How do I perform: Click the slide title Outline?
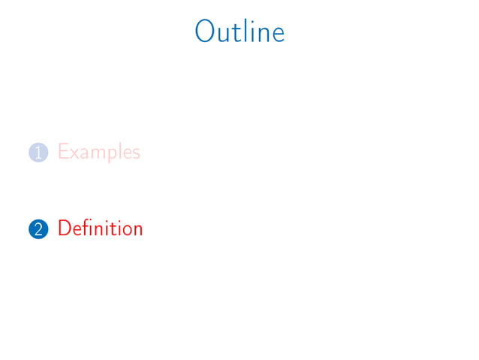(239, 32)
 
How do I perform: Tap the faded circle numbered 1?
(38, 153)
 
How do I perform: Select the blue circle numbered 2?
(38, 228)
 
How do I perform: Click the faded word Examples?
(98, 153)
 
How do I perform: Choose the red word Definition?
(100, 228)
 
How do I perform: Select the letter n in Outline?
(260, 35)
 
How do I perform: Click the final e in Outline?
(277, 35)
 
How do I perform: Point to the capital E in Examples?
(63, 152)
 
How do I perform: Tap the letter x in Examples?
(74, 154)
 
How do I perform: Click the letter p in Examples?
(112, 156)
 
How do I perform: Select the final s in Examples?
(136, 154)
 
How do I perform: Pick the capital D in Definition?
(64, 228)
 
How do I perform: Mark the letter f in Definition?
(85, 227)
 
